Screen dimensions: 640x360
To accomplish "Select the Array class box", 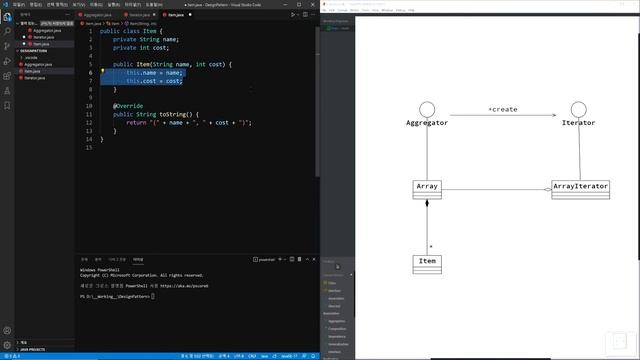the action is point(427,186).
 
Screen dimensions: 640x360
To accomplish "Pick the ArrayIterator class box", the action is point(580,187).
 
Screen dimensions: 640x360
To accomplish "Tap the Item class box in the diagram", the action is point(427,263).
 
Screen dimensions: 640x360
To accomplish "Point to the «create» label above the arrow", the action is point(502,108).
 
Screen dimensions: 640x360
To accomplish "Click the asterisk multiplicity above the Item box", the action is point(430,245).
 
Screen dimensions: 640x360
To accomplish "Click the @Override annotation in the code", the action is point(128,105).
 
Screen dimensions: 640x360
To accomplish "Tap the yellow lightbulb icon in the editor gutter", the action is point(102,73).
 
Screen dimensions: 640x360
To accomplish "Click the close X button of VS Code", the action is point(313,4).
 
